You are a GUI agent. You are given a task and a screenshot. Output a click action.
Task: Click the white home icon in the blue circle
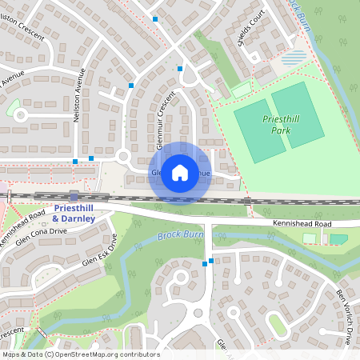(x=180, y=173)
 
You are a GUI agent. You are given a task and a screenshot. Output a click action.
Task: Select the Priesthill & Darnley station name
(x=73, y=213)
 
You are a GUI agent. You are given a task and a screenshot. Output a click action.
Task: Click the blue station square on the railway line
(x=74, y=195)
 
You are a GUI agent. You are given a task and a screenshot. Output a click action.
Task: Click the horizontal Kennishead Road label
(x=300, y=225)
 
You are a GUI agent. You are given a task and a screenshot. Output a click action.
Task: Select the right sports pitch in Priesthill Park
(x=297, y=115)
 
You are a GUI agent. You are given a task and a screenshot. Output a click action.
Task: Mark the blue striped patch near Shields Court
(x=294, y=58)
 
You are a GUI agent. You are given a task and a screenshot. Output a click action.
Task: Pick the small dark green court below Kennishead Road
(x=338, y=238)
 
